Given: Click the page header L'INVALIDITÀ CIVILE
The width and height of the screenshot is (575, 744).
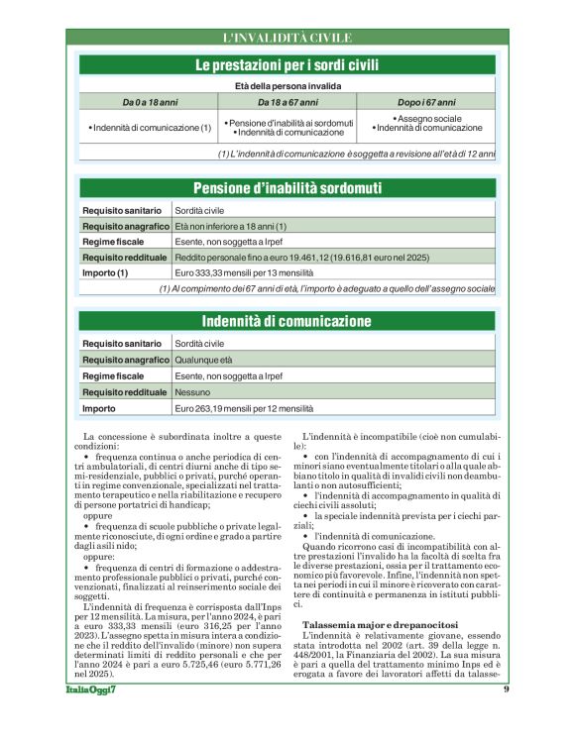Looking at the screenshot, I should [x=287, y=38].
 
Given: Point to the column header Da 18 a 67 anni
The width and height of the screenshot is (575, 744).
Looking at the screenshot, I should [x=287, y=102].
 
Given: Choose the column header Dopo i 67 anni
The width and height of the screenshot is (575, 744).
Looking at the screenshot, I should [x=426, y=102].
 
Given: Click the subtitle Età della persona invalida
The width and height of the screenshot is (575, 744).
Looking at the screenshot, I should [x=287, y=86].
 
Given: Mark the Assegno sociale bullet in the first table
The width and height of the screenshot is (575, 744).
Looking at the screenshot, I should [x=428, y=118].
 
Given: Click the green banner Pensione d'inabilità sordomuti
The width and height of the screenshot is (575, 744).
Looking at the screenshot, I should [x=287, y=188].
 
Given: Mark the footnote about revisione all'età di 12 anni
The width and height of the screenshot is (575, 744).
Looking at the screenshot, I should [x=356, y=154].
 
